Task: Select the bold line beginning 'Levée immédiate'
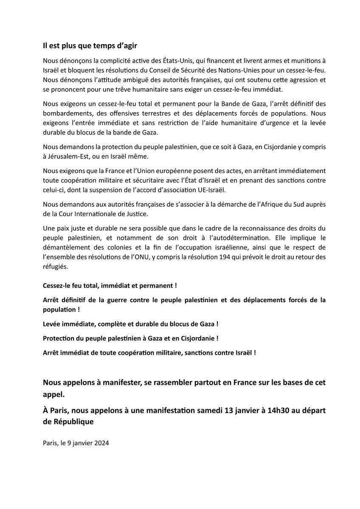click(x=130, y=324)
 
